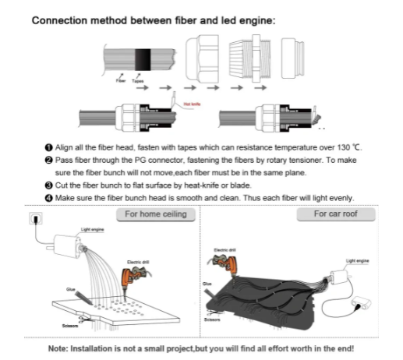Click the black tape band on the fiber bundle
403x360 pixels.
[x=143, y=59]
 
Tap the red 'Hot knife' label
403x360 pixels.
[x=192, y=104]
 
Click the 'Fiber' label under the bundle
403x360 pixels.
[x=121, y=81]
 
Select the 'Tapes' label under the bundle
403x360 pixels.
[x=137, y=81]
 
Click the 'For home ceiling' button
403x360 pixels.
[x=156, y=214]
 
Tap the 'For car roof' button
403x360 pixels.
[x=336, y=214]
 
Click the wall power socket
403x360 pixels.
[x=36, y=218]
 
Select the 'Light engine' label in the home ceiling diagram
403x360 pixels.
[x=92, y=229]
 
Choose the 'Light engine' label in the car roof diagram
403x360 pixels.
[x=357, y=261]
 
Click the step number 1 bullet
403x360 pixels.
[x=48, y=147]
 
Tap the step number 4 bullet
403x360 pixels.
[x=48, y=198]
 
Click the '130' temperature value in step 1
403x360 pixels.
[x=344, y=147]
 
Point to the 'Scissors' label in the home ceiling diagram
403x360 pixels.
[x=70, y=326]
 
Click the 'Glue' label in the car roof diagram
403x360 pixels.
[x=207, y=284]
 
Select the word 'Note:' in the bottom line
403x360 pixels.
[x=58, y=348]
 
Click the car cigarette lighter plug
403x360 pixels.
[x=361, y=304]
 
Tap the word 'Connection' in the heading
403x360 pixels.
[x=59, y=20]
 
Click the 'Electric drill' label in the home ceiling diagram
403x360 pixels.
[x=138, y=262]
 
